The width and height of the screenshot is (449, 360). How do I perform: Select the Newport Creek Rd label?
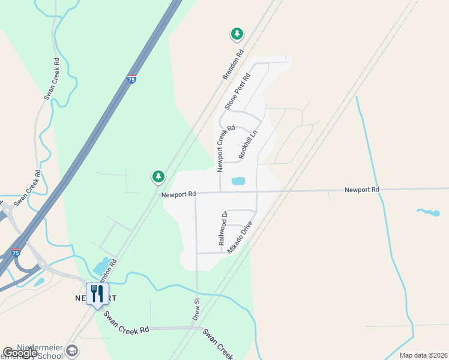pos(221,145)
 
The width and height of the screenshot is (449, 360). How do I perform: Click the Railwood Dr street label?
pos(223,229)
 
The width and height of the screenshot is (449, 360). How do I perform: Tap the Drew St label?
pos(196,308)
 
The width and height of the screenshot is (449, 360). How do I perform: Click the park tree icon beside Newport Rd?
pos(158,176)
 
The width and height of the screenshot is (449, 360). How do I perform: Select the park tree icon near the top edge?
pos(237,34)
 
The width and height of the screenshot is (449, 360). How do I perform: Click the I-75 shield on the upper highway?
pos(131,79)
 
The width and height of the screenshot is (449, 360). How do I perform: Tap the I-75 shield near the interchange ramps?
pos(16,253)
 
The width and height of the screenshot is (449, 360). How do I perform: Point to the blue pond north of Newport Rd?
pos(238,181)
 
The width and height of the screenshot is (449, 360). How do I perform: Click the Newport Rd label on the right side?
pos(361,190)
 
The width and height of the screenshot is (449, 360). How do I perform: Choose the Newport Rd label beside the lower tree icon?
pos(178,194)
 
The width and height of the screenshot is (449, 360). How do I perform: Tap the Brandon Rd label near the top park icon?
pos(234,65)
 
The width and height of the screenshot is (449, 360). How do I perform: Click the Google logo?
pos(20,353)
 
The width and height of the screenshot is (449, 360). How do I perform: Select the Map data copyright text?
pos(423,355)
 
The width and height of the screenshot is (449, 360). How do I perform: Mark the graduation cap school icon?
pos(71,350)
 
